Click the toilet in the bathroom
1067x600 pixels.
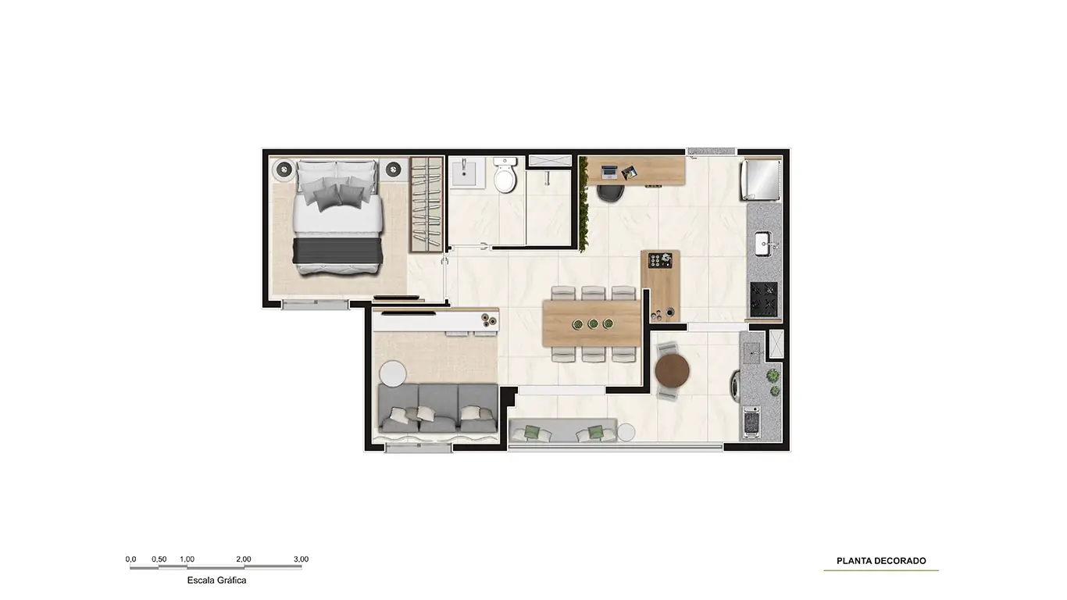tap(505, 175)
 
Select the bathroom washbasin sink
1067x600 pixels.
tap(464, 172)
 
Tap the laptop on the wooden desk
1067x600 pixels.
tap(608, 172)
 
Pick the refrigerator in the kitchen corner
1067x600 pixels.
tap(760, 179)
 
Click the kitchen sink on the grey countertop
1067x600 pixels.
tap(765, 244)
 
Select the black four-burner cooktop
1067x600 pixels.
tap(764, 299)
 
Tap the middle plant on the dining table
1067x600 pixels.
tap(593, 324)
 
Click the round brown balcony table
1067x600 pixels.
tap(672, 371)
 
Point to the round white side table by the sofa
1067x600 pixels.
tap(392, 374)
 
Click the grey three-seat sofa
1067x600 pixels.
tap(437, 409)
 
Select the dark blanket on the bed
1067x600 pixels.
tap(337, 251)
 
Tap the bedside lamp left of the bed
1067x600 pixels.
tap(284, 169)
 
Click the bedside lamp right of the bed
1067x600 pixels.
tap(394, 169)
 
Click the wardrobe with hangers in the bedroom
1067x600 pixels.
tap(427, 205)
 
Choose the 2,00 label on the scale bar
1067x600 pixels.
tap(244, 559)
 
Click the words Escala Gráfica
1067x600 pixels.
tap(216, 580)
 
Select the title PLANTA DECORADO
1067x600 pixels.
tap(881, 561)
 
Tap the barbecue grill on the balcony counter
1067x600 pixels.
tap(751, 422)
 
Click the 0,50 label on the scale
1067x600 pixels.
tap(159, 559)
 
